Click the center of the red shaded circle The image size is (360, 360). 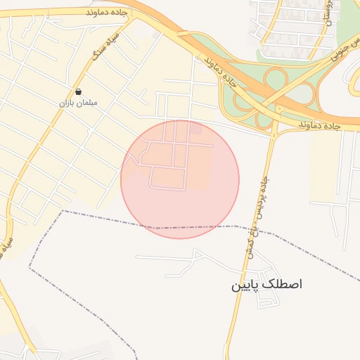click(180, 179)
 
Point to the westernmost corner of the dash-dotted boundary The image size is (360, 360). click(29, 268)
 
